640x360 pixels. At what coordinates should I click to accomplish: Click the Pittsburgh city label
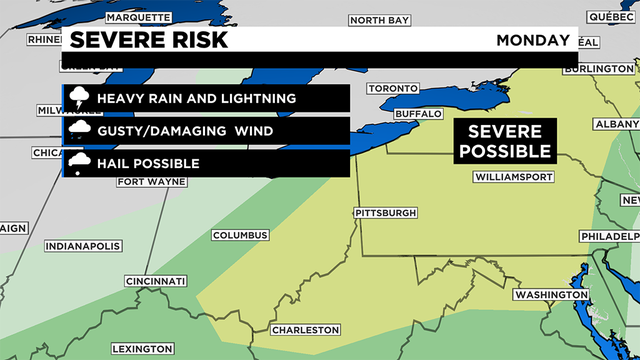click(x=386, y=214)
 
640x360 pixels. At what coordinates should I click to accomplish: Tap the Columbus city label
click(x=239, y=235)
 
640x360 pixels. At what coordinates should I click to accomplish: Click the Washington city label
click(x=550, y=295)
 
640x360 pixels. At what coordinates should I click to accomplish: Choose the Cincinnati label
click(x=156, y=282)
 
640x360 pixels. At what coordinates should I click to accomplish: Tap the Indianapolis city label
click(x=82, y=246)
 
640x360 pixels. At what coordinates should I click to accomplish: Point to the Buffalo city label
click(x=418, y=114)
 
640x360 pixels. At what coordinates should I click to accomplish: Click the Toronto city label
click(x=391, y=88)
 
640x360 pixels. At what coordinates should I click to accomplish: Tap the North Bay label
click(x=379, y=20)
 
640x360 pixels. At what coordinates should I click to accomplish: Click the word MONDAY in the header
click(x=533, y=40)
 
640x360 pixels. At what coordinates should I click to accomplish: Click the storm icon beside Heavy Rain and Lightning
click(x=77, y=98)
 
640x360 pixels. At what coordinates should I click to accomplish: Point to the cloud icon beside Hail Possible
click(x=77, y=163)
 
